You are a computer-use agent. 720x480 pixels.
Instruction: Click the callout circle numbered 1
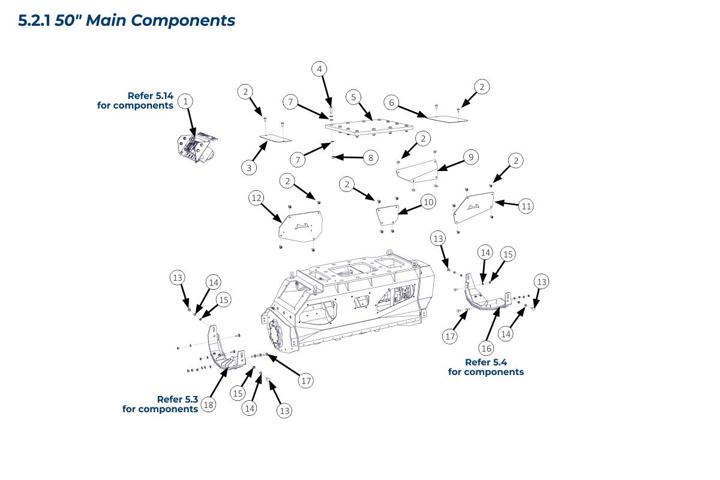(187, 101)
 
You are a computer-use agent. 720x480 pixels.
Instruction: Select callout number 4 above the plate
(320, 69)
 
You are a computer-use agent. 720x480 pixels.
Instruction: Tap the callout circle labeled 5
(354, 97)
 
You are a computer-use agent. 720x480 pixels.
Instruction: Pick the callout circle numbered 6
(392, 103)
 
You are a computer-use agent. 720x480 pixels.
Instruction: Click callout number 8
(371, 158)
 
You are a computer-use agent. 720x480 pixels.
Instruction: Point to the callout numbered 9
(471, 157)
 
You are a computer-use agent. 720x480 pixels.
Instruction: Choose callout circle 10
(428, 202)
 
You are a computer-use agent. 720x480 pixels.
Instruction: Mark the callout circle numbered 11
(526, 206)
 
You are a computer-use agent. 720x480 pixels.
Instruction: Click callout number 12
(257, 197)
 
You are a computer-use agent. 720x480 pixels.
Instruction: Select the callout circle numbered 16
(486, 348)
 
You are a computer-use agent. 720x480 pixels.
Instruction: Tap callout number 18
(209, 404)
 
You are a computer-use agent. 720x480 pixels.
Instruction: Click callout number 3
(250, 168)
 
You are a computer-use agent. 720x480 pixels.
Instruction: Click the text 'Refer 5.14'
(150, 95)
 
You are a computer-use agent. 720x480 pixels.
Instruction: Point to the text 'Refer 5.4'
(486, 362)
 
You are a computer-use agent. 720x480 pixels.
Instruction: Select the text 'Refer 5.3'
(178, 399)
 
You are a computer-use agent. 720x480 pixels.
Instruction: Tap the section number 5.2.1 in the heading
(35, 20)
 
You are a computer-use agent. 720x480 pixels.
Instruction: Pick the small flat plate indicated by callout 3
(275, 138)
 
